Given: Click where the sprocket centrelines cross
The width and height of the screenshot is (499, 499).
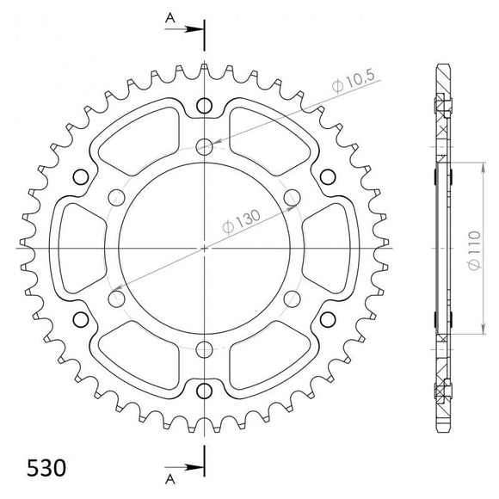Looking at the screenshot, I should pyautogui.click(x=204, y=248).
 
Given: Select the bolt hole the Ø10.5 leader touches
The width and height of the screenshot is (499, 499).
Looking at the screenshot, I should pyautogui.click(x=204, y=146).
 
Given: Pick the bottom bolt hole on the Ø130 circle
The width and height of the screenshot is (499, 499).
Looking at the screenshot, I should pyautogui.click(x=204, y=349).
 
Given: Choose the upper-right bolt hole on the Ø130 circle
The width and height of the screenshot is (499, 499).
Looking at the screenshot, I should pyautogui.click(x=292, y=197).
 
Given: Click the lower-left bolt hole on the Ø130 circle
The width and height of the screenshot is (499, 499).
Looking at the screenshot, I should pyautogui.click(x=116, y=299).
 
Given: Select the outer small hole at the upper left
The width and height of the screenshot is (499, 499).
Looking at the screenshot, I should pyautogui.click(x=81, y=176).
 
